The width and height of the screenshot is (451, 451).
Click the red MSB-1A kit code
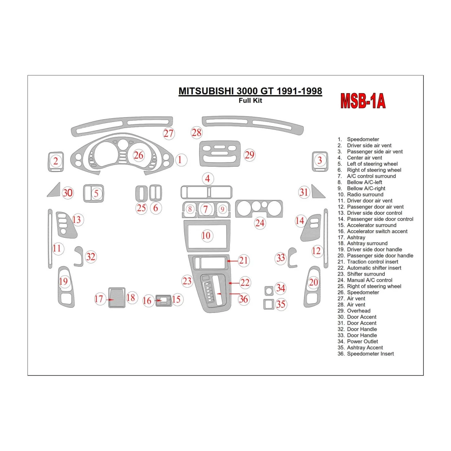click(x=363, y=101)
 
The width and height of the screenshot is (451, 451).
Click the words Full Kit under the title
click(x=250, y=101)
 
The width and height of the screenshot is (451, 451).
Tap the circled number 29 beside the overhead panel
click(x=249, y=155)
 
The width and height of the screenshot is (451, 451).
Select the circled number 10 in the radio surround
click(x=206, y=236)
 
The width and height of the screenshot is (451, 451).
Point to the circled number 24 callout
click(x=260, y=223)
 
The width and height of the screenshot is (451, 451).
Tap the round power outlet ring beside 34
click(x=269, y=290)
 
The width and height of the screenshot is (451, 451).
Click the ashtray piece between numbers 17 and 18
click(x=117, y=298)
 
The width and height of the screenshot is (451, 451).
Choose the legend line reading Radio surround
click(x=365, y=194)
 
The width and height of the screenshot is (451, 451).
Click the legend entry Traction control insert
click(x=372, y=262)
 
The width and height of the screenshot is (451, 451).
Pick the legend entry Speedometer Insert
click(x=370, y=354)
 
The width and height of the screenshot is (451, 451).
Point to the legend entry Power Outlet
click(x=362, y=341)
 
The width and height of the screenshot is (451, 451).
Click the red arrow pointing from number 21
click(x=233, y=260)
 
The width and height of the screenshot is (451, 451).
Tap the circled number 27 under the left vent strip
click(x=168, y=133)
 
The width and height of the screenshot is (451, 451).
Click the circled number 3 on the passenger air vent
click(x=320, y=160)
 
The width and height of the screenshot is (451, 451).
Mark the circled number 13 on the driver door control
click(x=76, y=220)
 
